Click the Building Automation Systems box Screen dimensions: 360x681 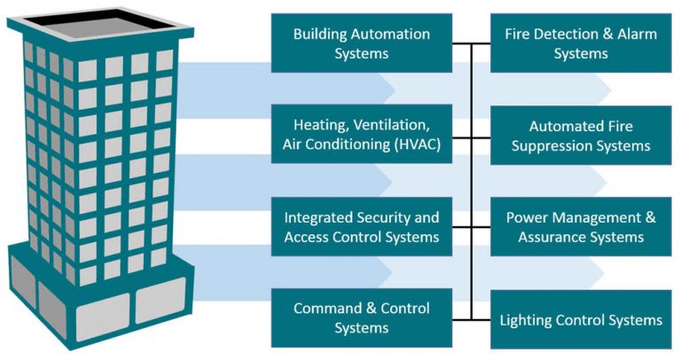click(361, 43)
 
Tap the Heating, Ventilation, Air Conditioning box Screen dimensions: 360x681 click(361, 135)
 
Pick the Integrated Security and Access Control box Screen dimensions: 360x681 click(361, 226)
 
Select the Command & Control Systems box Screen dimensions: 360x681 click(361, 317)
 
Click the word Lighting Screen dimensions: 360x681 click(528, 319)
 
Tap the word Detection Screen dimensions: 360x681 click(567, 35)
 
